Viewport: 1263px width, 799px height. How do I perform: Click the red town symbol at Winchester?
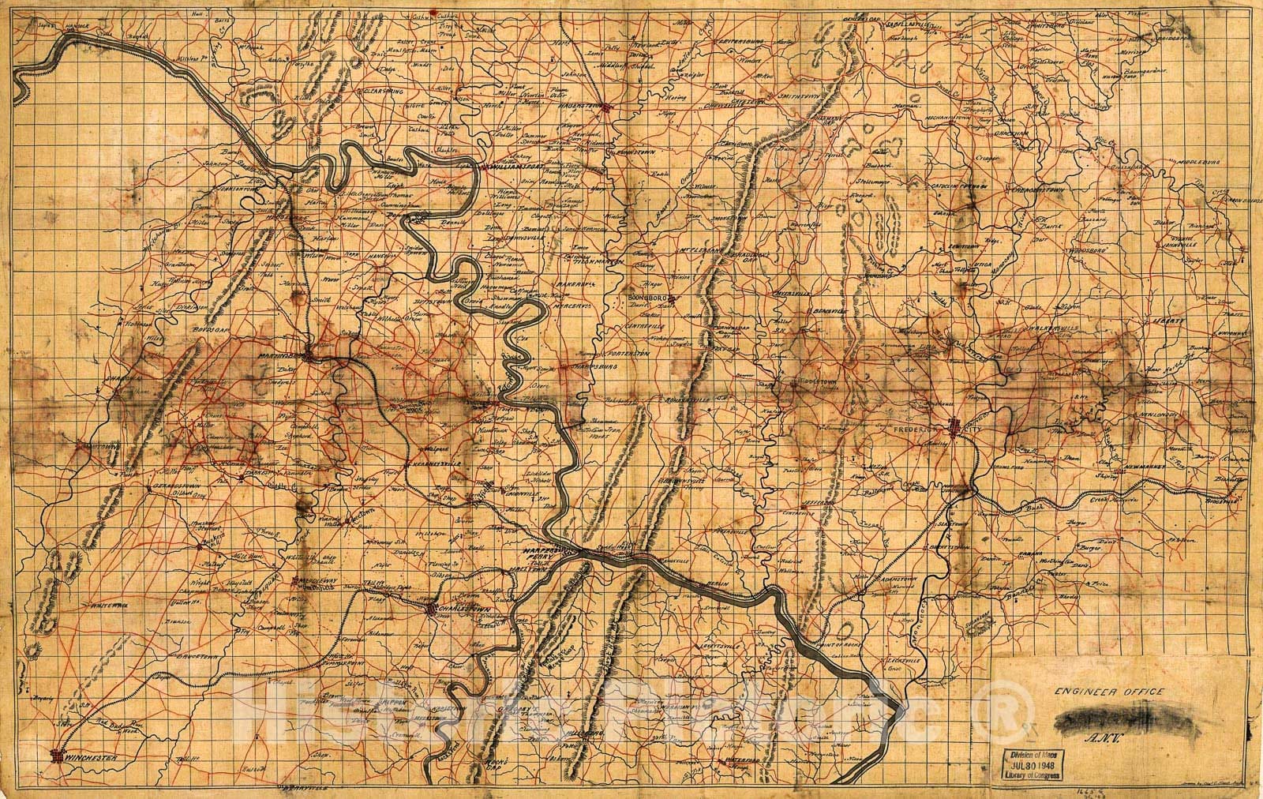[56, 756]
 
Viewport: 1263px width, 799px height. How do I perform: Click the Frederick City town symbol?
[956, 427]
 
